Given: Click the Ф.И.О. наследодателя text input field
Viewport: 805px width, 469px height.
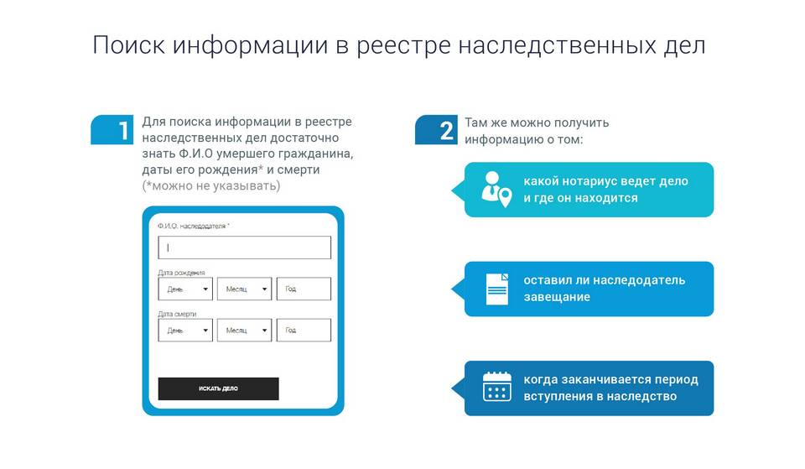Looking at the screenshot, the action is click(244, 248).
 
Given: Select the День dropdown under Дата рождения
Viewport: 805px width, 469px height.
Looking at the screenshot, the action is click(185, 289).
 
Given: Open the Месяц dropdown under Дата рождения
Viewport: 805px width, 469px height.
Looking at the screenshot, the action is click(244, 289).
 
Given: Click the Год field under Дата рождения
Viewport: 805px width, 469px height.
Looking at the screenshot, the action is click(304, 289).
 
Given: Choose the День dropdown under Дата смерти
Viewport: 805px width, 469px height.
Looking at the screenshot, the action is click(185, 331).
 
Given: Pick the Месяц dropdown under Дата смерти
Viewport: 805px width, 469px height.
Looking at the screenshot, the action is click(244, 331).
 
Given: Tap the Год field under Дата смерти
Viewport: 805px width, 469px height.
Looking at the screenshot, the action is click(304, 331).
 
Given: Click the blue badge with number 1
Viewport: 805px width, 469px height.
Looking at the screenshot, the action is click(112, 129).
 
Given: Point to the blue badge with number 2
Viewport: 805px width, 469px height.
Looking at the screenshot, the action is click(436, 129).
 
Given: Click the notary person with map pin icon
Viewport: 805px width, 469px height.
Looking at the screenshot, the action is click(496, 189).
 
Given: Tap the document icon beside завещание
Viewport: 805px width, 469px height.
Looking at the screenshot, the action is click(497, 289).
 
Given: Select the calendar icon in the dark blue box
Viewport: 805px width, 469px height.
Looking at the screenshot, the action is click(497, 386).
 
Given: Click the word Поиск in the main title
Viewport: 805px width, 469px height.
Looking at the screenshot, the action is click(129, 45).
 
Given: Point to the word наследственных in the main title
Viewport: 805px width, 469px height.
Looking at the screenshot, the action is click(557, 45).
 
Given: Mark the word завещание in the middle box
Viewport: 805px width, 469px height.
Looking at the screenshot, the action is click(557, 297).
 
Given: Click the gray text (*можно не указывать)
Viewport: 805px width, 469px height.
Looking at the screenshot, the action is click(211, 185).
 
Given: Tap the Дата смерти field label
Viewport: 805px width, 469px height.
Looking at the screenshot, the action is click(177, 314).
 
